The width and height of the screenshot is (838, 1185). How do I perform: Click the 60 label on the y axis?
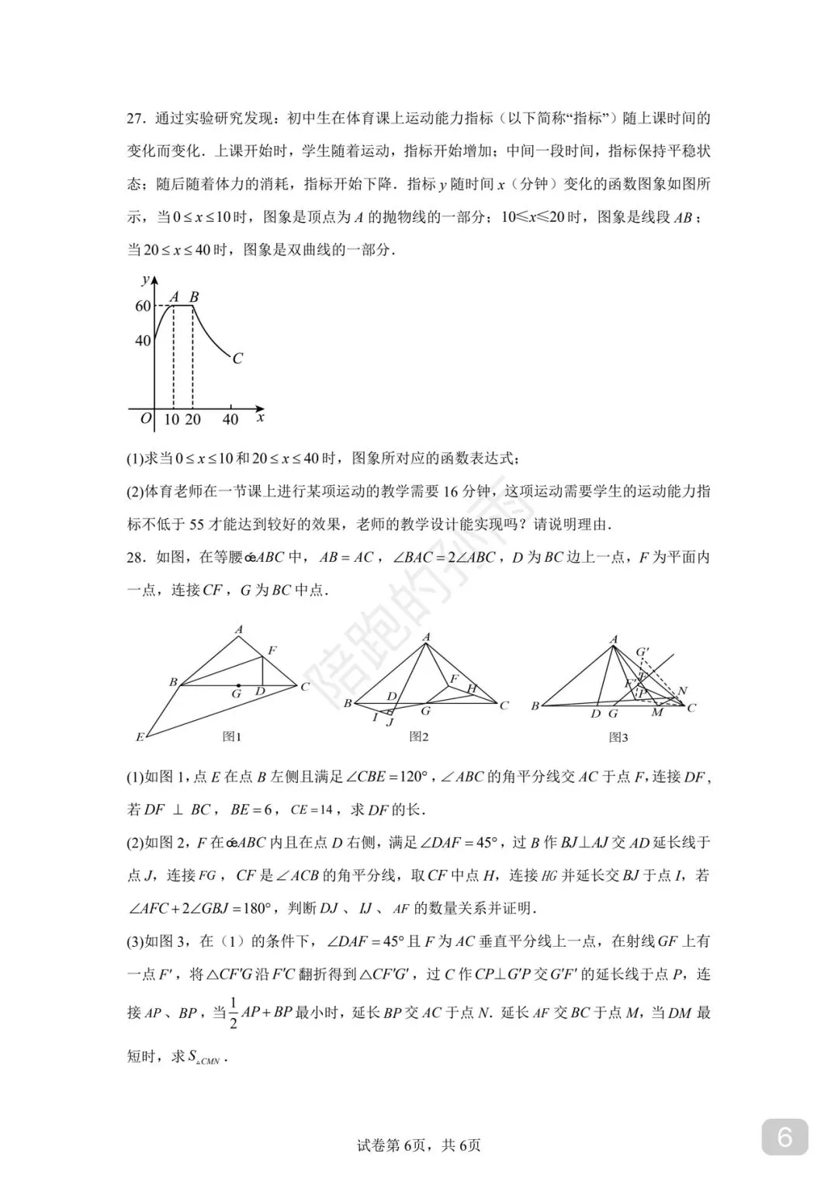pyautogui.click(x=143, y=307)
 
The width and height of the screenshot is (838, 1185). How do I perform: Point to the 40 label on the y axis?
pyautogui.click(x=143, y=341)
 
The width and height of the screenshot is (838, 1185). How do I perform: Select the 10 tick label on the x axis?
pyautogui.click(x=171, y=420)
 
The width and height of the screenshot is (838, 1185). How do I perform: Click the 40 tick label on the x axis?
pyautogui.click(x=230, y=420)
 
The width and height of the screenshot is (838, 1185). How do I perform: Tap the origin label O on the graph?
pyautogui.click(x=145, y=418)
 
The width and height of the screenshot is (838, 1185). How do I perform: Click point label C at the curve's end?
pyautogui.click(x=237, y=359)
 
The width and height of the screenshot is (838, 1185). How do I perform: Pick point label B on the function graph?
pyautogui.click(x=194, y=296)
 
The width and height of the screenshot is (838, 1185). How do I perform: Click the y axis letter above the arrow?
pyautogui.click(x=145, y=279)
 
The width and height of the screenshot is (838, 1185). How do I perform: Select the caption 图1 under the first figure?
pyautogui.click(x=232, y=736)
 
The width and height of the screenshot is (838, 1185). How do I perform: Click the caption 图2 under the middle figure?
pyautogui.click(x=419, y=736)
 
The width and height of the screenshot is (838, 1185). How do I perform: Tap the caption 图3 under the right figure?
pyautogui.click(x=618, y=736)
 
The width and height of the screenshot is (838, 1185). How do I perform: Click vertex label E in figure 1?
pyautogui.click(x=140, y=736)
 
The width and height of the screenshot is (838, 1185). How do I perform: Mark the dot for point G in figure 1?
pyautogui.click(x=238, y=684)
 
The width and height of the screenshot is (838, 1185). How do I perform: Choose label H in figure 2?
pyautogui.click(x=471, y=688)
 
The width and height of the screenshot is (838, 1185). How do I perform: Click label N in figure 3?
pyautogui.click(x=682, y=691)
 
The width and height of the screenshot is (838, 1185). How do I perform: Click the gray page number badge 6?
pyautogui.click(x=784, y=1138)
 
